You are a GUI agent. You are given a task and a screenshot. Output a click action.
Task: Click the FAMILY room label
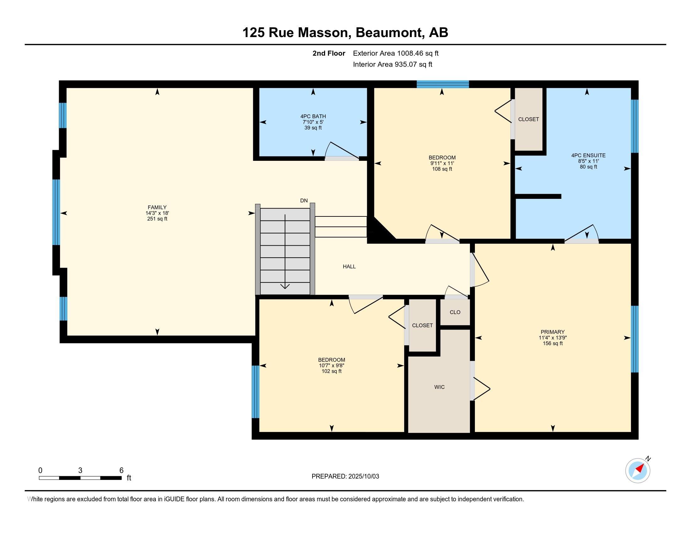(x=157, y=208)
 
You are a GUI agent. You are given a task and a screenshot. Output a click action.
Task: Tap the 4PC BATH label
(x=313, y=117)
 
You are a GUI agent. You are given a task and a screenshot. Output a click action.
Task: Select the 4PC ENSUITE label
(x=588, y=155)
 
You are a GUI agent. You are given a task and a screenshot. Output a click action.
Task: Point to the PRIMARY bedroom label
(x=552, y=332)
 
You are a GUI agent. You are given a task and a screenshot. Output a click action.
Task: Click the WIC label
(x=439, y=387)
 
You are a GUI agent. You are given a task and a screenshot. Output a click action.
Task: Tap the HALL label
(x=349, y=266)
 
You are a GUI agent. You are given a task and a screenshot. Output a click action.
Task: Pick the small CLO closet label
(x=455, y=312)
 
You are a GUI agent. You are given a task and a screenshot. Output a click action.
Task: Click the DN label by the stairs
(x=304, y=201)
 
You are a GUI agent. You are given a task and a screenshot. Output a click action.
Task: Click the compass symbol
(x=638, y=471)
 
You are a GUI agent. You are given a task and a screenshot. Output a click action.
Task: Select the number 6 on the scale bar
(x=121, y=471)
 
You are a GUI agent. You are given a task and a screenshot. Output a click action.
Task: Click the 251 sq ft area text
(x=157, y=219)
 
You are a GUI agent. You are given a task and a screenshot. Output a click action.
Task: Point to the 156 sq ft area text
(x=552, y=343)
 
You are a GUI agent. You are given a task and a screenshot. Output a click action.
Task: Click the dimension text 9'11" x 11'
(x=442, y=163)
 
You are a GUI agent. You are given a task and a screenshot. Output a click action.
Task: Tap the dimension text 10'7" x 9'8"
(x=332, y=365)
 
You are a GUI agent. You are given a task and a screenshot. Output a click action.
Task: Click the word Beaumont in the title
(x=390, y=33)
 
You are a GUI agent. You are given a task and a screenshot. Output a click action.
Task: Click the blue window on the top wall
(x=442, y=84)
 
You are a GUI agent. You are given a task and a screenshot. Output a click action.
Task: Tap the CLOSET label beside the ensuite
(x=528, y=119)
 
